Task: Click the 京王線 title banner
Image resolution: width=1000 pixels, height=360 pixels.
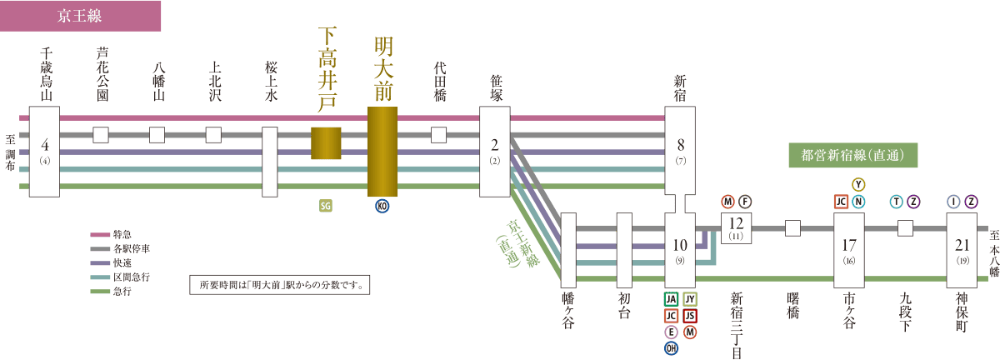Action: click(80, 16)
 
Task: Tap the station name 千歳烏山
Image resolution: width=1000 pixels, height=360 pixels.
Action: click(46, 75)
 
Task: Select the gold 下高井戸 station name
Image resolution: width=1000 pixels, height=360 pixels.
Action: click(327, 69)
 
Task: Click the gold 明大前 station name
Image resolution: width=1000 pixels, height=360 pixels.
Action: click(383, 69)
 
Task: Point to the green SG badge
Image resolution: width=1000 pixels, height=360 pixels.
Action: click(326, 206)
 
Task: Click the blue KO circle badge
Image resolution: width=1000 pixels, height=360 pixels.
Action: click(382, 206)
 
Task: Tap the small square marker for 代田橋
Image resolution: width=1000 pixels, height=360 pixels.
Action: click(439, 135)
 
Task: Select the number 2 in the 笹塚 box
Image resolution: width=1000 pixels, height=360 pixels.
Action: click(494, 145)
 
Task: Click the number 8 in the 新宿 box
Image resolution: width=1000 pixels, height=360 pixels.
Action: click(680, 145)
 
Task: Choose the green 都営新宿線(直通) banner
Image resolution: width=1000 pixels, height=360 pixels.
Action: click(853, 156)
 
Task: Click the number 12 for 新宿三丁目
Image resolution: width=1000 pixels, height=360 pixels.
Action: click(736, 222)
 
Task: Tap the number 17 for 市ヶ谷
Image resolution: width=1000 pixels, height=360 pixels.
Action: click(849, 245)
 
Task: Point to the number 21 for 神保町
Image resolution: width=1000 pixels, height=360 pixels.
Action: click(962, 245)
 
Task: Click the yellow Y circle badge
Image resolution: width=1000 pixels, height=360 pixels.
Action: click(858, 184)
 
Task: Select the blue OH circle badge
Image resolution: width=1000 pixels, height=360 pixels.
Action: click(672, 348)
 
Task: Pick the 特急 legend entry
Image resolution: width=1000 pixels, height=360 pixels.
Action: click(111, 234)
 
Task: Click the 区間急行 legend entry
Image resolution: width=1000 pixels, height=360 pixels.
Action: click(120, 277)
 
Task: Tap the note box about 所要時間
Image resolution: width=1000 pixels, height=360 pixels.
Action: click(279, 285)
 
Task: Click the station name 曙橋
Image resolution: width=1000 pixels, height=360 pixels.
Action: click(792, 306)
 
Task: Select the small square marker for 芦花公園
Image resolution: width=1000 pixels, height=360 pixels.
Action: click(101, 135)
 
